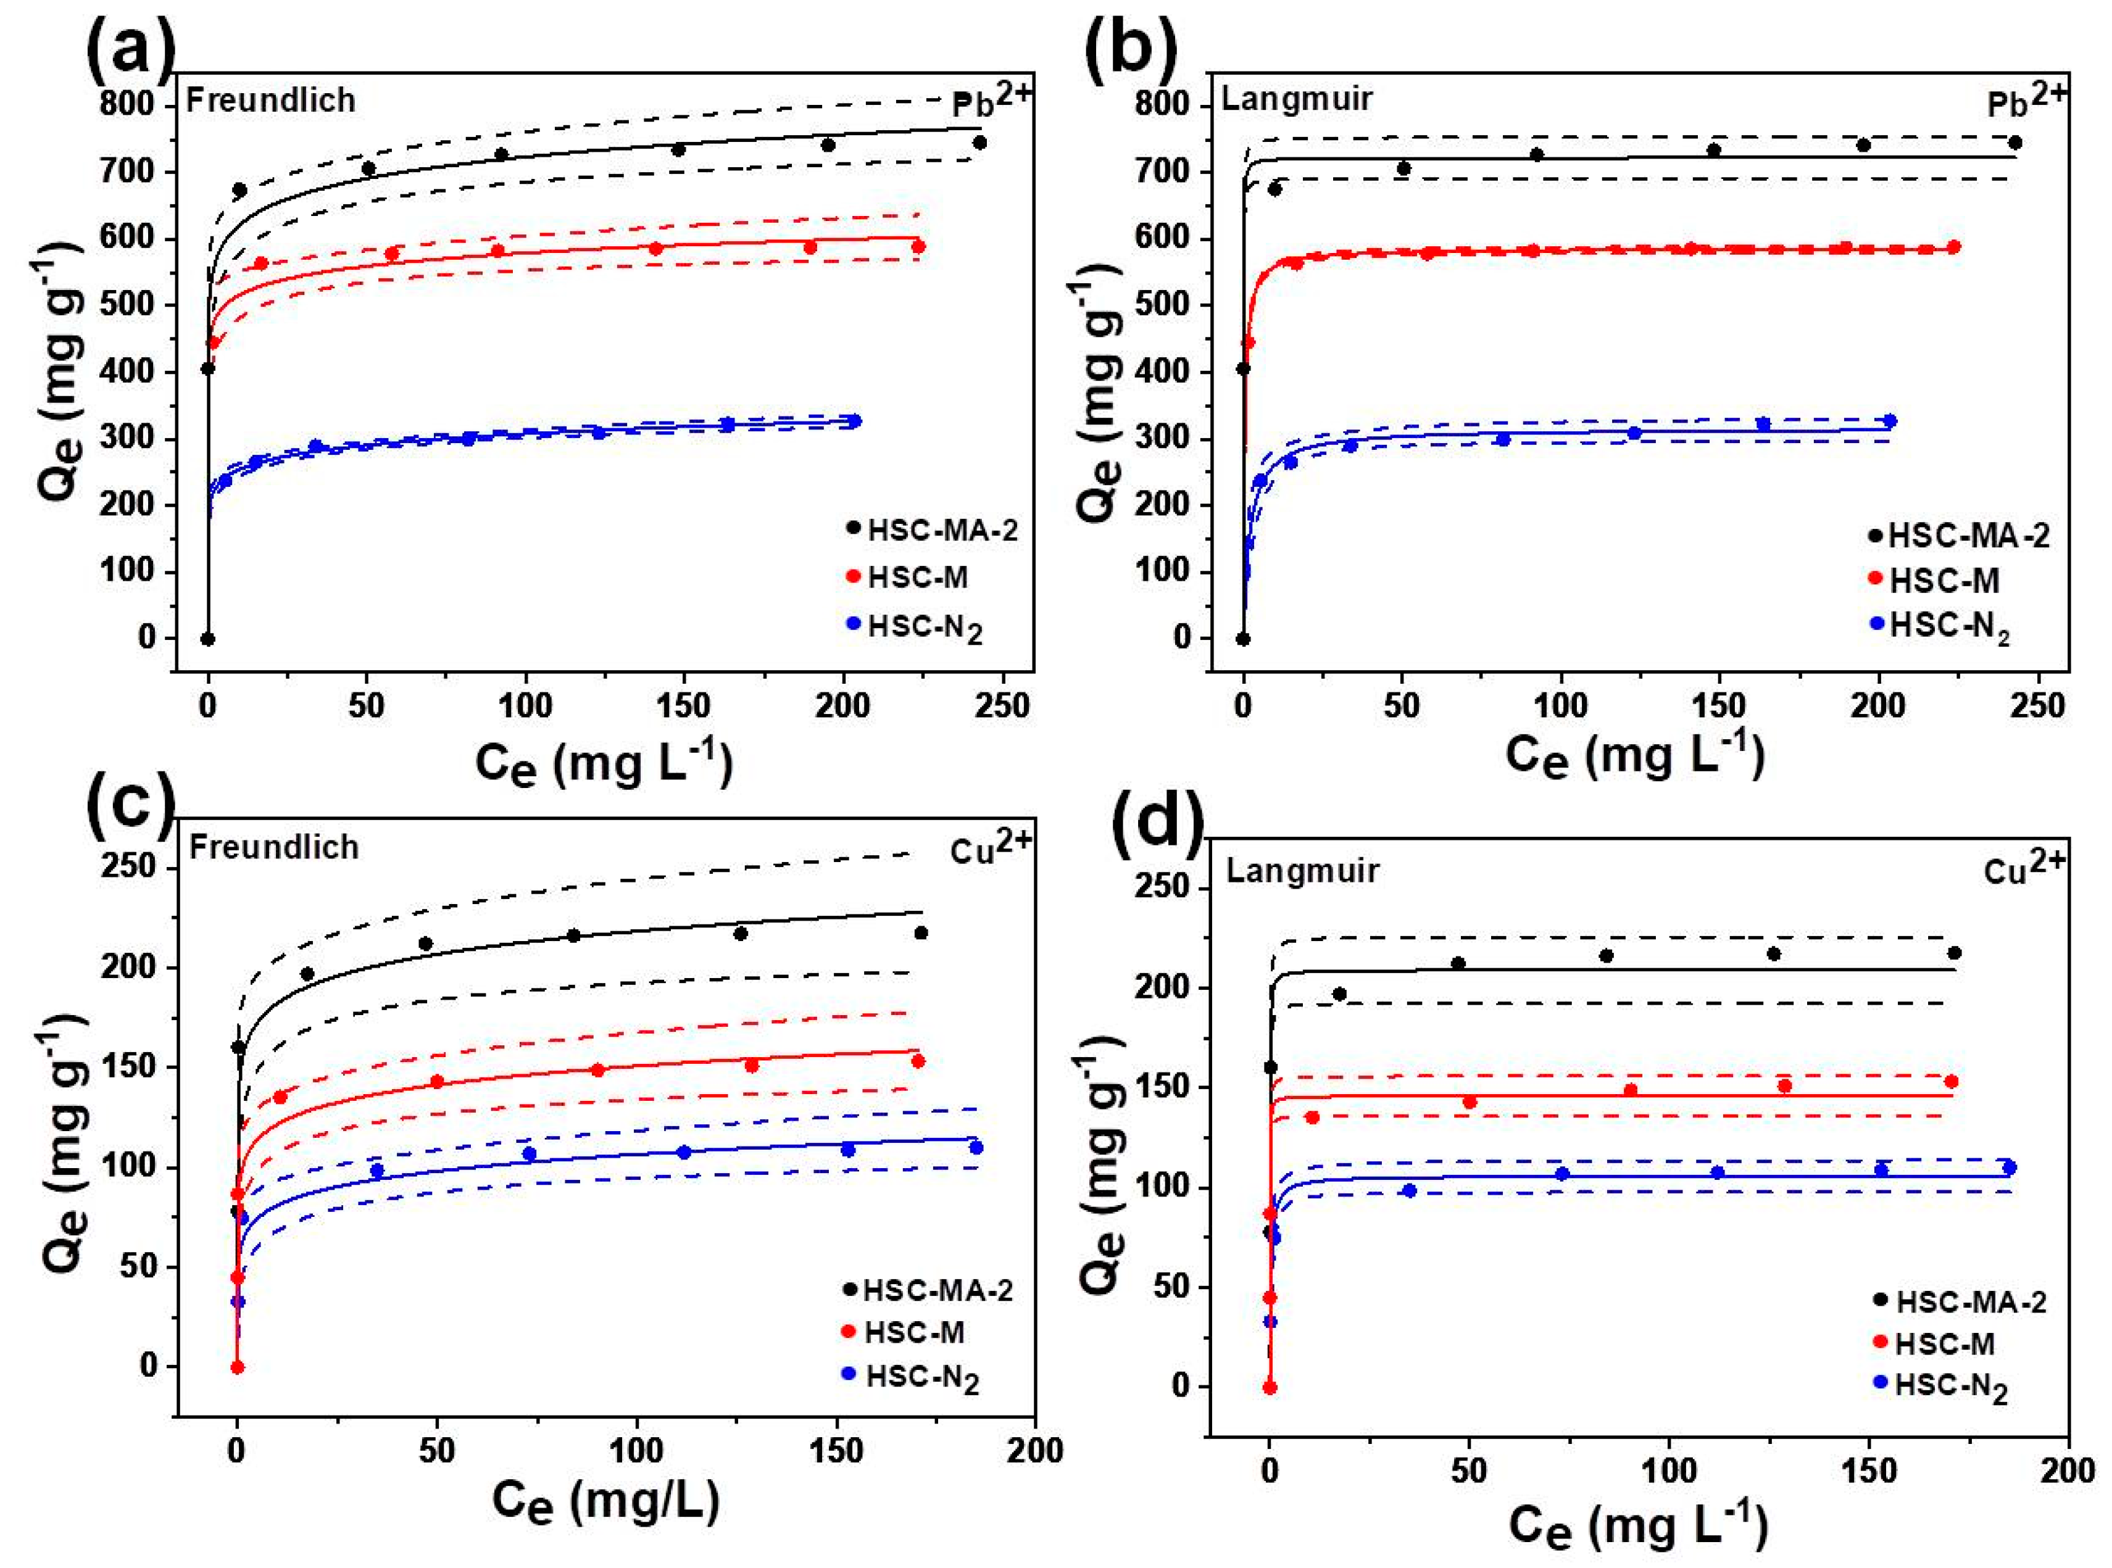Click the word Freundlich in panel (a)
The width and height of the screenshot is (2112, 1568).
click(270, 101)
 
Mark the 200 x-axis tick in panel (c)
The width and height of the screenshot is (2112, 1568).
click(1034, 1451)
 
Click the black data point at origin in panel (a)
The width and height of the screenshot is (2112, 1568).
click(208, 639)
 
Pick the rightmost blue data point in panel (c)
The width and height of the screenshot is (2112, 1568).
click(976, 1148)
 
